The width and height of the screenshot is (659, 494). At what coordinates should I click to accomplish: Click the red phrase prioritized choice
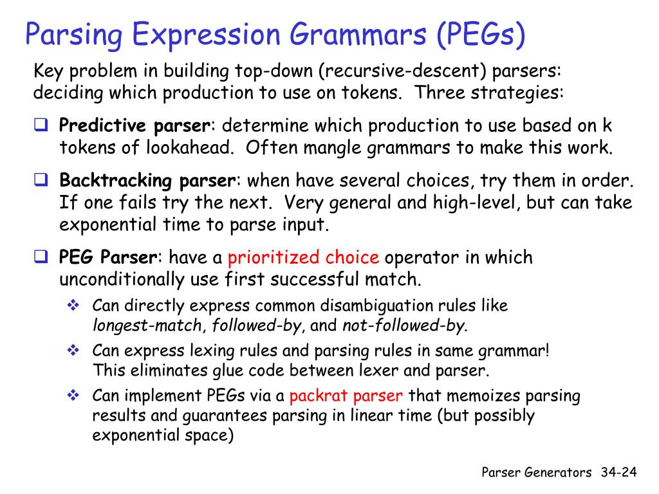coord(303,258)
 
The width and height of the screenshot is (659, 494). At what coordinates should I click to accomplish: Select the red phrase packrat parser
coord(347,395)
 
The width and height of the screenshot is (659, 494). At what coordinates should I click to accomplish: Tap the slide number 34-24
coord(618,473)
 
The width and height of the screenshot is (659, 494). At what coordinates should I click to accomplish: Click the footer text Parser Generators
coord(537,473)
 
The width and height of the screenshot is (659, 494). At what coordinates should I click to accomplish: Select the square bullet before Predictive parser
coord(41,125)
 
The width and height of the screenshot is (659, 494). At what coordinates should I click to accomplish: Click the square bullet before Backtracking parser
coord(41,180)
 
